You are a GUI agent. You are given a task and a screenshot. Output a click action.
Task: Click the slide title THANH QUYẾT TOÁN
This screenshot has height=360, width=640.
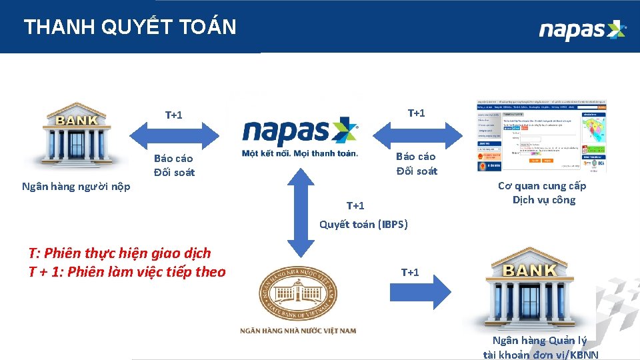130,27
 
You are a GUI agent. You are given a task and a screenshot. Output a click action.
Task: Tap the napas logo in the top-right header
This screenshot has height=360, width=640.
582,30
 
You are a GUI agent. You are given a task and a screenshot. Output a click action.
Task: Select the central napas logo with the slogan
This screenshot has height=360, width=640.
300,137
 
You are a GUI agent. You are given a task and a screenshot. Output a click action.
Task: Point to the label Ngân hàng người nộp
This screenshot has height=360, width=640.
76,187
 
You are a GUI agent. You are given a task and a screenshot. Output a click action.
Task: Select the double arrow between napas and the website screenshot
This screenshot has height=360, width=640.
417,135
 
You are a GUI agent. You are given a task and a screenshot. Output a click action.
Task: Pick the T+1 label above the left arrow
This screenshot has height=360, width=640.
174,115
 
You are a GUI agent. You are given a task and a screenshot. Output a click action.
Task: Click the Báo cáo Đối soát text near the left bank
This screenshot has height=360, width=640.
174,165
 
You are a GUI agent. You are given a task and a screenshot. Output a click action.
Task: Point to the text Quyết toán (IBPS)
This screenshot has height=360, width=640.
363,224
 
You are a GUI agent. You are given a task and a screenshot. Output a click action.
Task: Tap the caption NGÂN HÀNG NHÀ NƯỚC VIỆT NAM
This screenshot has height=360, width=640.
299,331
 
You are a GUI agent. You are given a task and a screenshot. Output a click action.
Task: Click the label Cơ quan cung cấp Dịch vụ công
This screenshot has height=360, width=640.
543,193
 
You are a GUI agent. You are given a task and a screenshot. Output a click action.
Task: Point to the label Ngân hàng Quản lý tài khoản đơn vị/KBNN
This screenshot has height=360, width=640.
541,347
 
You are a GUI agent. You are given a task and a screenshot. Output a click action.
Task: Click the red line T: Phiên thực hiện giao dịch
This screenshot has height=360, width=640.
120,253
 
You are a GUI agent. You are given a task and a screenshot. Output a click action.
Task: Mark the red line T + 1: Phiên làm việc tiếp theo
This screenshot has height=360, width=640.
127,272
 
